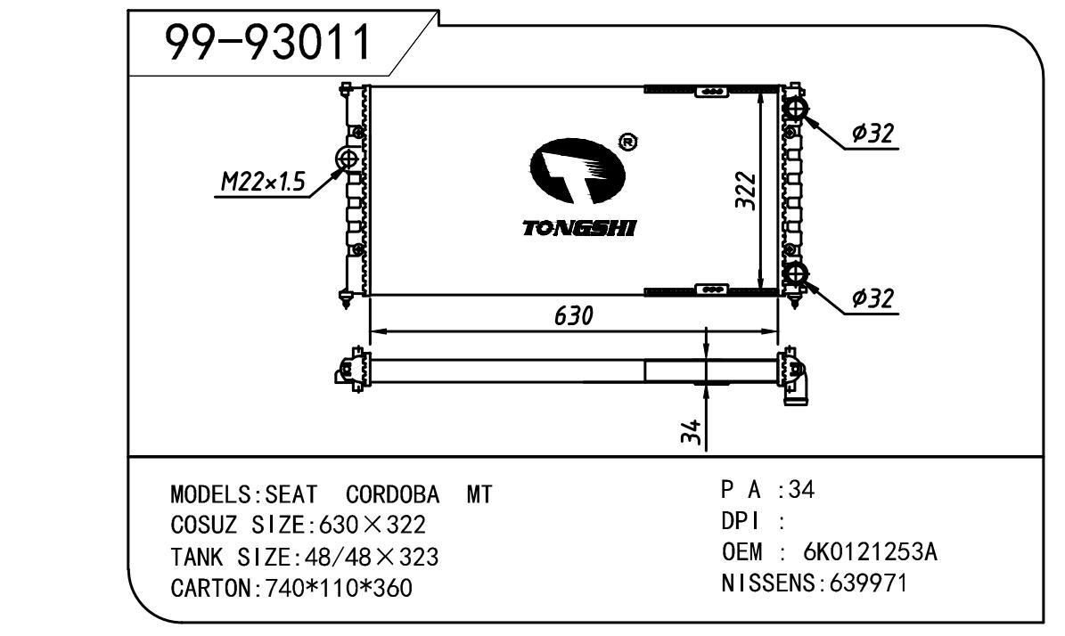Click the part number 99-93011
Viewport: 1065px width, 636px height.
[269, 42]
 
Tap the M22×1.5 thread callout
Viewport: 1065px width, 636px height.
[264, 182]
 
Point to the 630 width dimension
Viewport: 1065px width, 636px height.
[574, 315]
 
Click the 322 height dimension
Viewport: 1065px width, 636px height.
[745, 191]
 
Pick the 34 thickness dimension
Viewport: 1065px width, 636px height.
[690, 432]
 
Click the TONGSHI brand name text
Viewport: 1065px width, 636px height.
[578, 228]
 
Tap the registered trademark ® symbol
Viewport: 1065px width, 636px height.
[627, 142]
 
